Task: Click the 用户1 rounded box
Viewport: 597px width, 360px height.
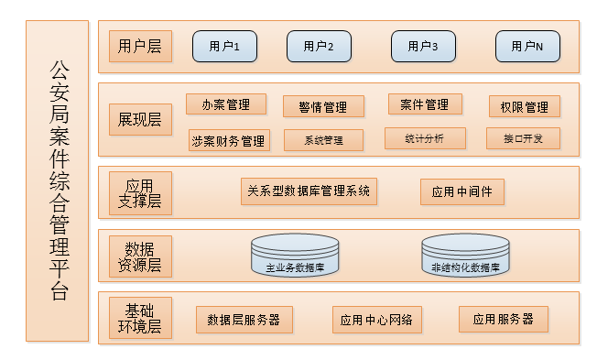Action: pyautogui.click(x=224, y=46)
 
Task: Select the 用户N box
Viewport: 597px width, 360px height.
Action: pyautogui.click(x=527, y=46)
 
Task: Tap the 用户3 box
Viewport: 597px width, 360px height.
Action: pyautogui.click(x=423, y=46)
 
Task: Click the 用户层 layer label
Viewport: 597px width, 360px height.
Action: pyautogui.click(x=140, y=46)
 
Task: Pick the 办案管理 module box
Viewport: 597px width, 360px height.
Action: pyautogui.click(x=225, y=104)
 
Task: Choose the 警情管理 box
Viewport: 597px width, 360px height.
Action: pyautogui.click(x=323, y=107)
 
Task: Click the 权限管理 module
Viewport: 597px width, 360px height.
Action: pyautogui.click(x=524, y=107)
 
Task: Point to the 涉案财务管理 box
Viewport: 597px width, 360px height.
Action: pyautogui.click(x=228, y=140)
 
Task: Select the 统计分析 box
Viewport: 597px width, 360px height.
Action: pyautogui.click(x=425, y=138)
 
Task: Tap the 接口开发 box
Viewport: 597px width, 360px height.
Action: pyautogui.click(x=524, y=139)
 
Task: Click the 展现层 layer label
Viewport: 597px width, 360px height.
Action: pyautogui.click(x=140, y=120)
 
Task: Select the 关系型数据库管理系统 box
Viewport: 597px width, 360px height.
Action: pyautogui.click(x=309, y=191)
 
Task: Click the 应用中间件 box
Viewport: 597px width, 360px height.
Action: pyautogui.click(x=462, y=192)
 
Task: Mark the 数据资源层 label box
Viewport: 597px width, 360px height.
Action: pyautogui.click(x=140, y=256)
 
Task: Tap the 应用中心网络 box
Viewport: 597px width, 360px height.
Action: pyautogui.click(x=376, y=320)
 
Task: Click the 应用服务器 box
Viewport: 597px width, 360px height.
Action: pyautogui.click(x=504, y=320)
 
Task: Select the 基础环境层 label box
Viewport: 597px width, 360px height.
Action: pyautogui.click(x=140, y=317)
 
